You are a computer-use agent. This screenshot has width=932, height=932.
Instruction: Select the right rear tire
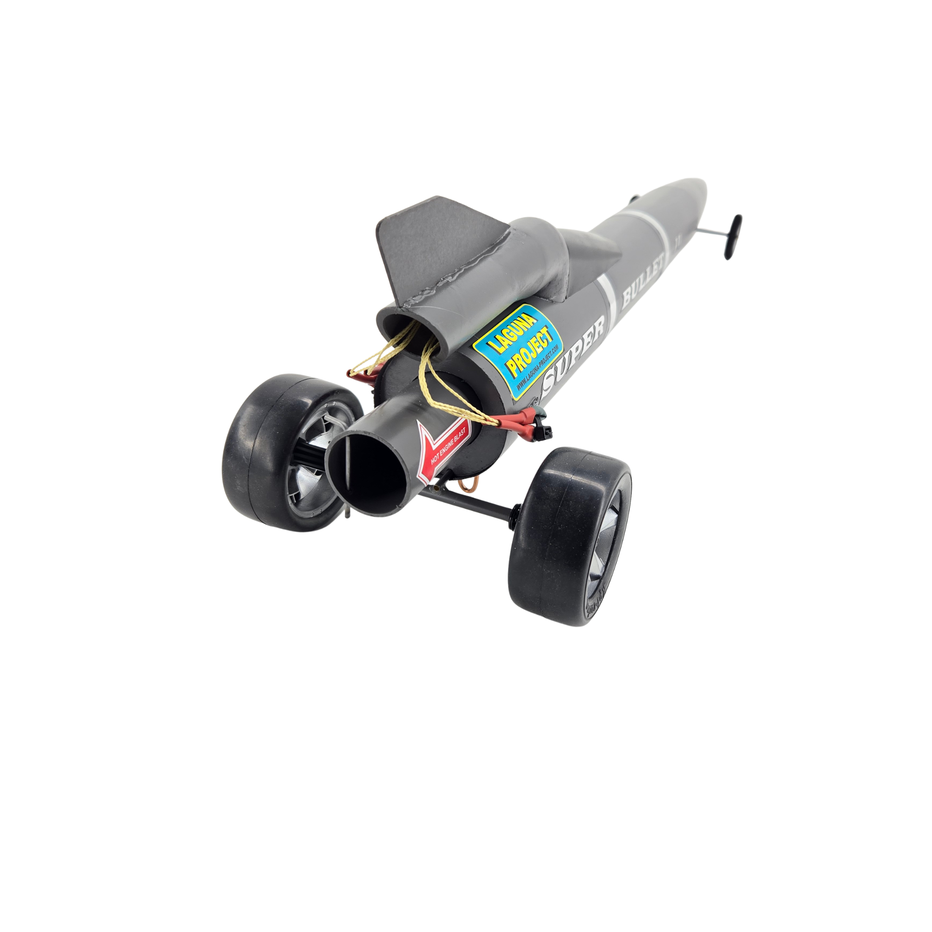tap(555, 540)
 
